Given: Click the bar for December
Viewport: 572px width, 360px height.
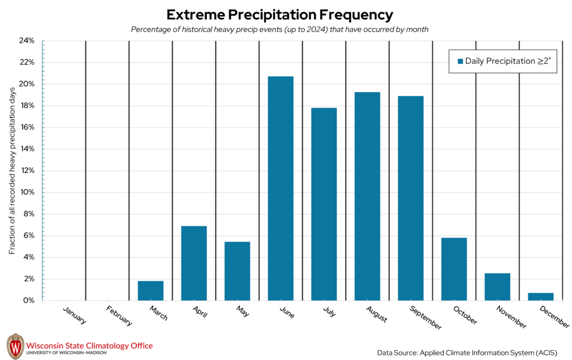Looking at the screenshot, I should pos(541,296).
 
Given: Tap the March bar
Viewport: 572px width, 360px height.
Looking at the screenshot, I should pos(150,290).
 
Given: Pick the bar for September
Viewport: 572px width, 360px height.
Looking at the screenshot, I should pos(411,198).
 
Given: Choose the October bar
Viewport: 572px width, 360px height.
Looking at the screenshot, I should pos(454,269).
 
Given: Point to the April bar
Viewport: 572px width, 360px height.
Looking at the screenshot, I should pos(194,263).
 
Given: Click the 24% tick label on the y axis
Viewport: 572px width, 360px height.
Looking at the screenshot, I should pos(27,41).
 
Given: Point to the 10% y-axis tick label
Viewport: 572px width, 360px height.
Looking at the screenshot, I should pos(27,192).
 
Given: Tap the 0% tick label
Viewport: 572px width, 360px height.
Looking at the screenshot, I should pos(29,300).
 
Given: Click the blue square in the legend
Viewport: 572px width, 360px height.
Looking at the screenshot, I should pos(460,61).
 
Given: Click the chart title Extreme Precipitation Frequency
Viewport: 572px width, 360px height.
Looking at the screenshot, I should pos(280,15).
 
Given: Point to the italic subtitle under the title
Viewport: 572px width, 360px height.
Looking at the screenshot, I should pos(279,30).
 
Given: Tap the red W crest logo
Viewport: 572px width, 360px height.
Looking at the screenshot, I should pos(15,347).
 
